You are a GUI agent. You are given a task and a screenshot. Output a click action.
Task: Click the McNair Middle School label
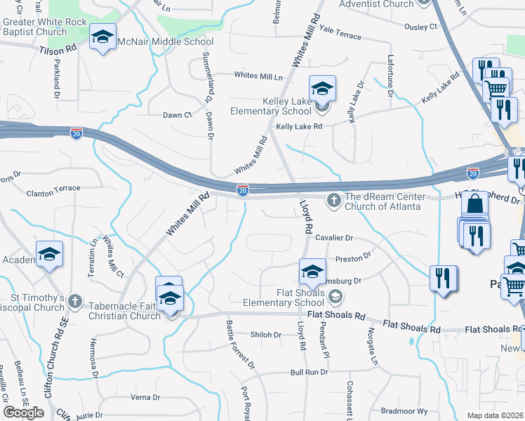coord(166,41)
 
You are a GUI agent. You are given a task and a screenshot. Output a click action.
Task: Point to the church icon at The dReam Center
coord(333,201)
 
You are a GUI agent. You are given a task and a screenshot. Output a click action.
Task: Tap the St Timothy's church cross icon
coord(76,302)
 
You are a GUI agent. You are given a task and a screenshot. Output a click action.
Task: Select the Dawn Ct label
coord(177,115)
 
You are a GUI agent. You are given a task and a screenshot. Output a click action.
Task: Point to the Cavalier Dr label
coord(333,239)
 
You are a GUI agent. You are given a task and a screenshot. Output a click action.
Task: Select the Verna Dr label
coord(145,397)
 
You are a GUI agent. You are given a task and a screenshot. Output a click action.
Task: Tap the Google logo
coord(23,413)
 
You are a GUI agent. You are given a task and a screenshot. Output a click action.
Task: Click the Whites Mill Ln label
coord(258,76)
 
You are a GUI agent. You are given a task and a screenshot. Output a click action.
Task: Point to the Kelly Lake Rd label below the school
coord(298,126)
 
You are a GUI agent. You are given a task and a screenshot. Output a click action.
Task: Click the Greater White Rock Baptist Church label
coord(45,27)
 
